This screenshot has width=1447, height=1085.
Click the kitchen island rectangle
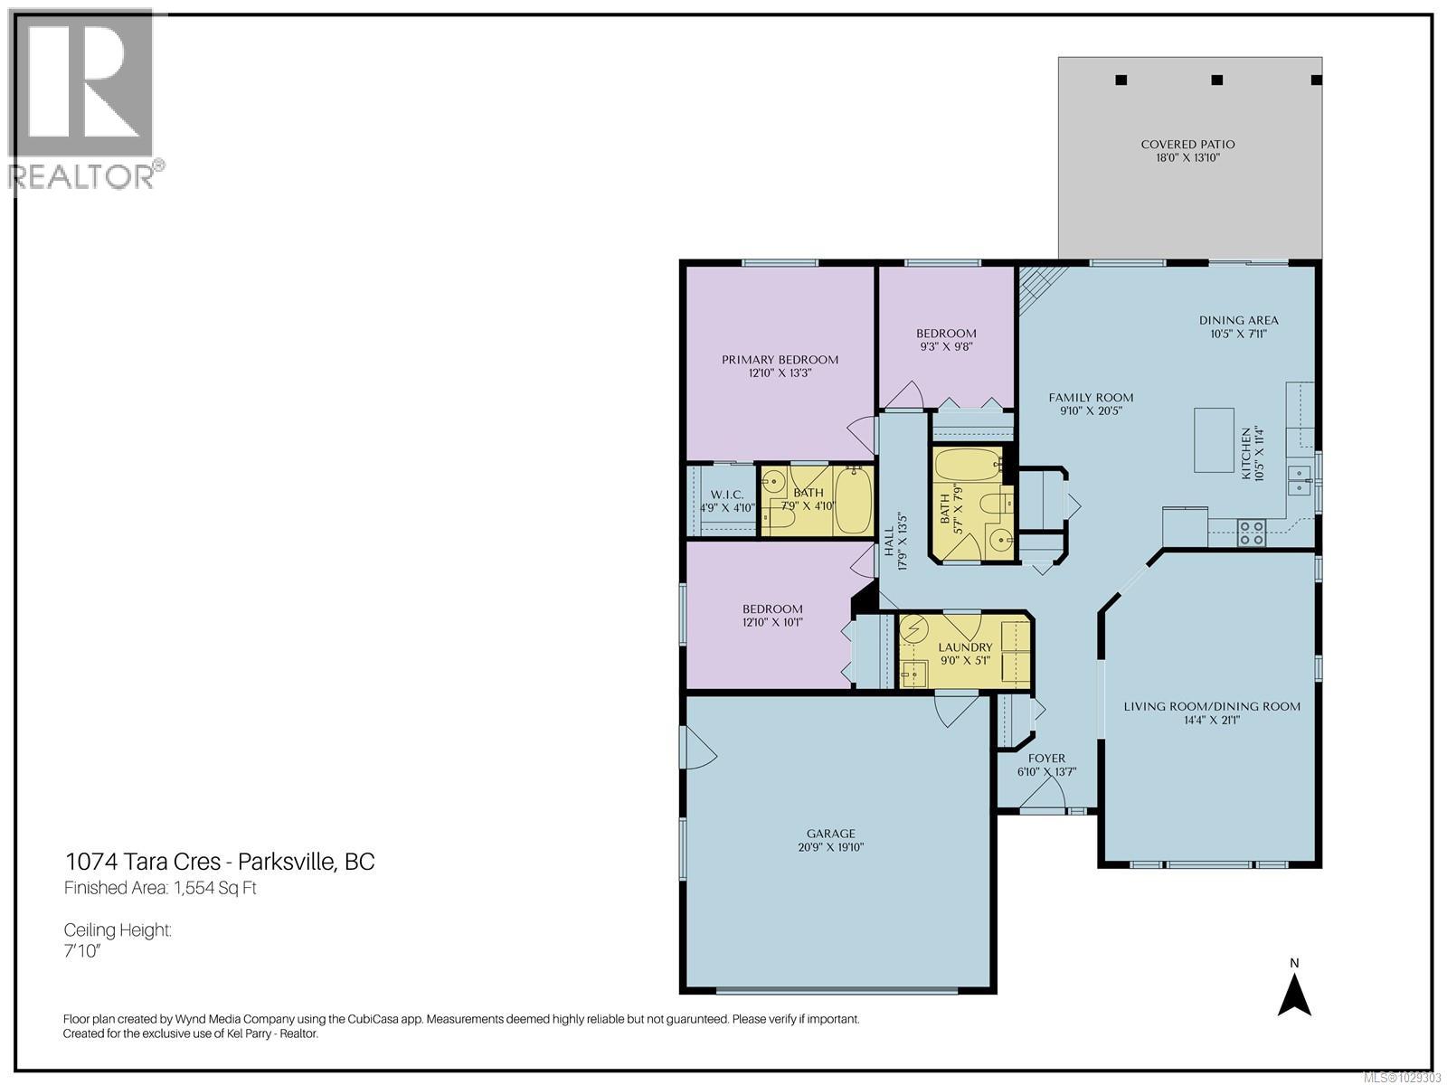click(1214, 439)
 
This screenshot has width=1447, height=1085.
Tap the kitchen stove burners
click(1252, 533)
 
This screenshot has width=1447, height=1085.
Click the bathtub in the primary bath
click(851, 500)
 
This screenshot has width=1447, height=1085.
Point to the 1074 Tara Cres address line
click(220, 862)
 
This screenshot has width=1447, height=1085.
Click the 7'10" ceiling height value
click(81, 953)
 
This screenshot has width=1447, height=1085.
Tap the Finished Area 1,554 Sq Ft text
click(160, 888)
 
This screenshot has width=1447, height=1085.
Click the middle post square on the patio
click(1217, 80)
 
